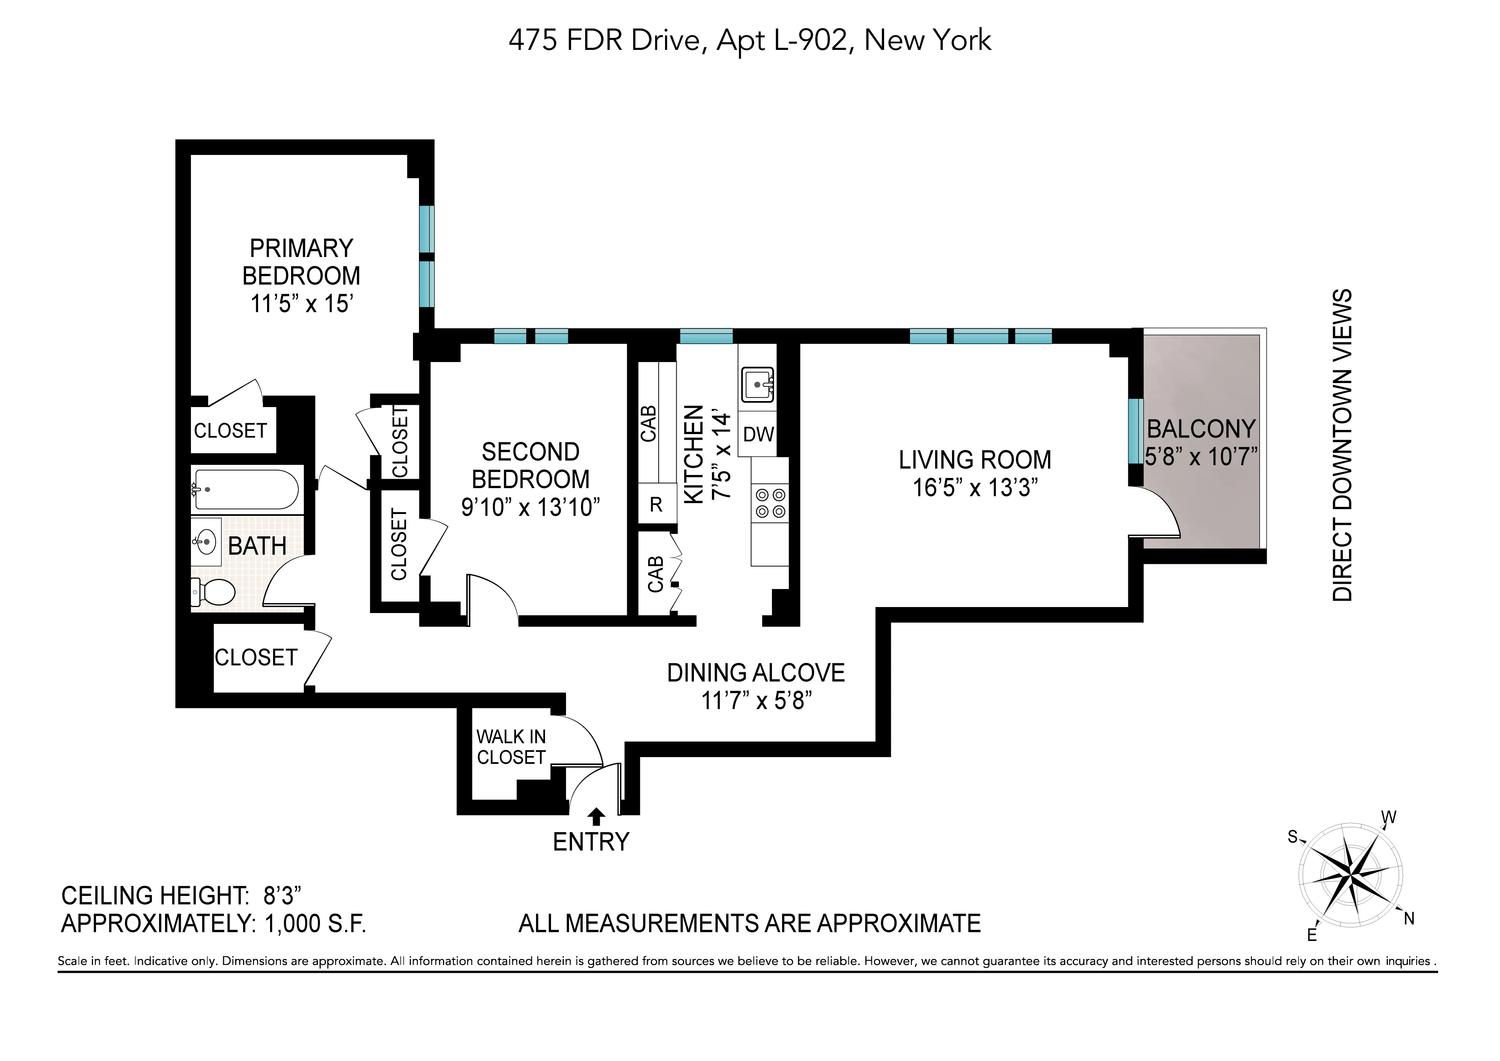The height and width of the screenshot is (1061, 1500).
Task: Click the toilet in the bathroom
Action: coord(214,592)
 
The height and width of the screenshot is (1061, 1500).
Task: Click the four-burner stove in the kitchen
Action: coord(770,503)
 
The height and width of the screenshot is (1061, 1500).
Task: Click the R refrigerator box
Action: coord(656,504)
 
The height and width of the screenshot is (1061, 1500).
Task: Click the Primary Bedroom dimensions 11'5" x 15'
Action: coord(302,304)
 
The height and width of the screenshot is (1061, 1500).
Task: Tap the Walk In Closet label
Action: coord(511,747)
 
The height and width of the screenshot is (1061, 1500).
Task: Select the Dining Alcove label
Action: coord(756,673)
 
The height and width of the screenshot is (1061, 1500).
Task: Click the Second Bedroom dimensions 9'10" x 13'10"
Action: coord(530,507)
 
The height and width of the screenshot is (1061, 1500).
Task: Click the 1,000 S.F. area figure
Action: coord(315,924)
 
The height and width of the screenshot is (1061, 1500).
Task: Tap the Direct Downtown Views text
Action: coord(1342,444)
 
